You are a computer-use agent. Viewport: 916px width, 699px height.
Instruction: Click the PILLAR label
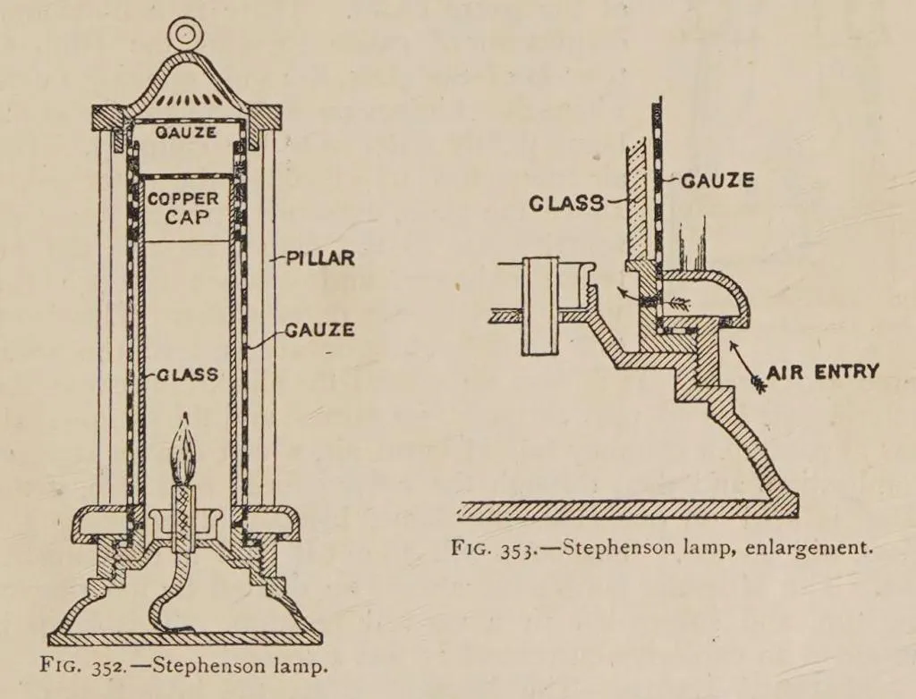coord(320,258)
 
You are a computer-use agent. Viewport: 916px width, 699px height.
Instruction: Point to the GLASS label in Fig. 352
coord(187,375)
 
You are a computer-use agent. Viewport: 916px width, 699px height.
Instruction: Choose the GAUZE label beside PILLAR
coord(319,330)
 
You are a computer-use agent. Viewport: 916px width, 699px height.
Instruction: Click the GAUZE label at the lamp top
coord(186,132)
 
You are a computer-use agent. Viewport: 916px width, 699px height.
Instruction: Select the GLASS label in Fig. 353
coord(566,203)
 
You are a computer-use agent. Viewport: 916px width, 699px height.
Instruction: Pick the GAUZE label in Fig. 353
coord(717,181)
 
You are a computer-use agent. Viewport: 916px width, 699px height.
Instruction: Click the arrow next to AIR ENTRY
coord(746,366)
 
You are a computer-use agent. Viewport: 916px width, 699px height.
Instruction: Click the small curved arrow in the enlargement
coord(629,292)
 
